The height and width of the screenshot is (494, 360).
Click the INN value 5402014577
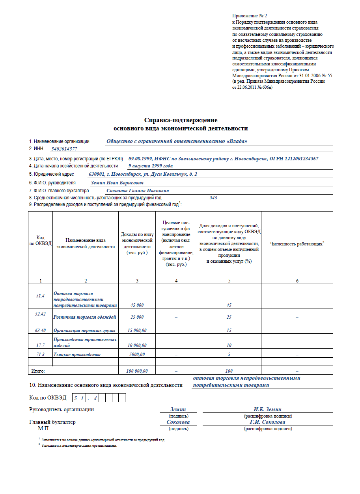pyautogui.click(x=64, y=149)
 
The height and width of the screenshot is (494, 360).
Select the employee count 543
pyautogui.click(x=214, y=198)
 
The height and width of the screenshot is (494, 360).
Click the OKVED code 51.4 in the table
pyautogui.click(x=40, y=295)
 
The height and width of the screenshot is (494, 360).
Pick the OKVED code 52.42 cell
pyautogui.click(x=40, y=314)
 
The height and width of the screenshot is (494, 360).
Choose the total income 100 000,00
pyautogui.click(x=137, y=371)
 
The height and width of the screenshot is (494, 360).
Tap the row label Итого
pyautogui.click(x=38, y=371)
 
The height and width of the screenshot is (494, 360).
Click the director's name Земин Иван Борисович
pyautogui.click(x=117, y=183)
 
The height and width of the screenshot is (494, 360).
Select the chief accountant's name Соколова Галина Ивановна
pyautogui.click(x=138, y=191)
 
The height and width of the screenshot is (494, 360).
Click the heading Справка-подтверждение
pyautogui.click(x=181, y=120)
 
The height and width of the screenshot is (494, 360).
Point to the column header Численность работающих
pyautogui.click(x=297, y=244)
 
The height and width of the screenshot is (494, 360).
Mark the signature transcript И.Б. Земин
pyautogui.click(x=267, y=409)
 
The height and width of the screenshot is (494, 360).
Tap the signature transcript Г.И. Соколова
pyautogui.click(x=267, y=422)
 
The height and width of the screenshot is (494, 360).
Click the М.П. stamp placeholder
pyautogui.click(x=44, y=428)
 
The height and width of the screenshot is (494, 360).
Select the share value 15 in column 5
pyautogui.click(x=229, y=331)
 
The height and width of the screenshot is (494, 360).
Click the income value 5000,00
pyautogui.click(x=137, y=355)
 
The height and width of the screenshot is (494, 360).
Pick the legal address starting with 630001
pyautogui.click(x=143, y=174)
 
